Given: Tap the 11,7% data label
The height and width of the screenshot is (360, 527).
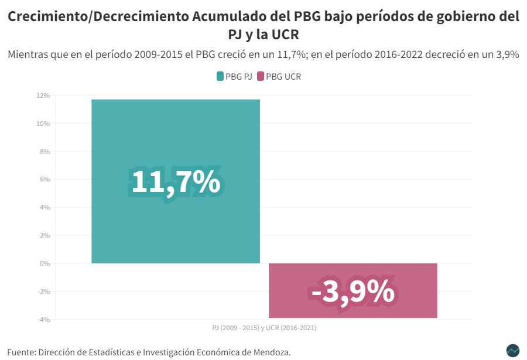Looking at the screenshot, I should pos(175,182).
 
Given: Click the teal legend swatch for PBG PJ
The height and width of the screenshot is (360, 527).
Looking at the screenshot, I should pos(220,77).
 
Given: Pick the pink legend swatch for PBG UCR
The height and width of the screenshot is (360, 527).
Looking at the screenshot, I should pos(261,77).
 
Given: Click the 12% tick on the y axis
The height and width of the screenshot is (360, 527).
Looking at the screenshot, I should pos(43,95).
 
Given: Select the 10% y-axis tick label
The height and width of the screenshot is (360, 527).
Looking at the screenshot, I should pos(43,124).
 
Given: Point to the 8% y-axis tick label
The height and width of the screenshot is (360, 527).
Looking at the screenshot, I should pos(45,152).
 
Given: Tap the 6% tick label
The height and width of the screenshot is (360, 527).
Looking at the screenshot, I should pos(45,179).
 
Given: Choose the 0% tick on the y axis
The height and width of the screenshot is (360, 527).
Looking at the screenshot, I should pos(45,263).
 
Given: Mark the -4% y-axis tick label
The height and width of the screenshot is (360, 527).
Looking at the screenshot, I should pos(43,320).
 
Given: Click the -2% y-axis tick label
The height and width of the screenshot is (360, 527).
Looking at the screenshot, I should pos(43,292).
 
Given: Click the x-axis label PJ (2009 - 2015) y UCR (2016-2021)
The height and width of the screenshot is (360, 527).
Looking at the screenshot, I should pos(264,328).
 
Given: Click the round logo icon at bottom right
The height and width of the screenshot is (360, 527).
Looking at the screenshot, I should pos(512,350).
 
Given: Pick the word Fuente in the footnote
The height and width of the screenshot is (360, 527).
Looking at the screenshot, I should pos(21,352).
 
